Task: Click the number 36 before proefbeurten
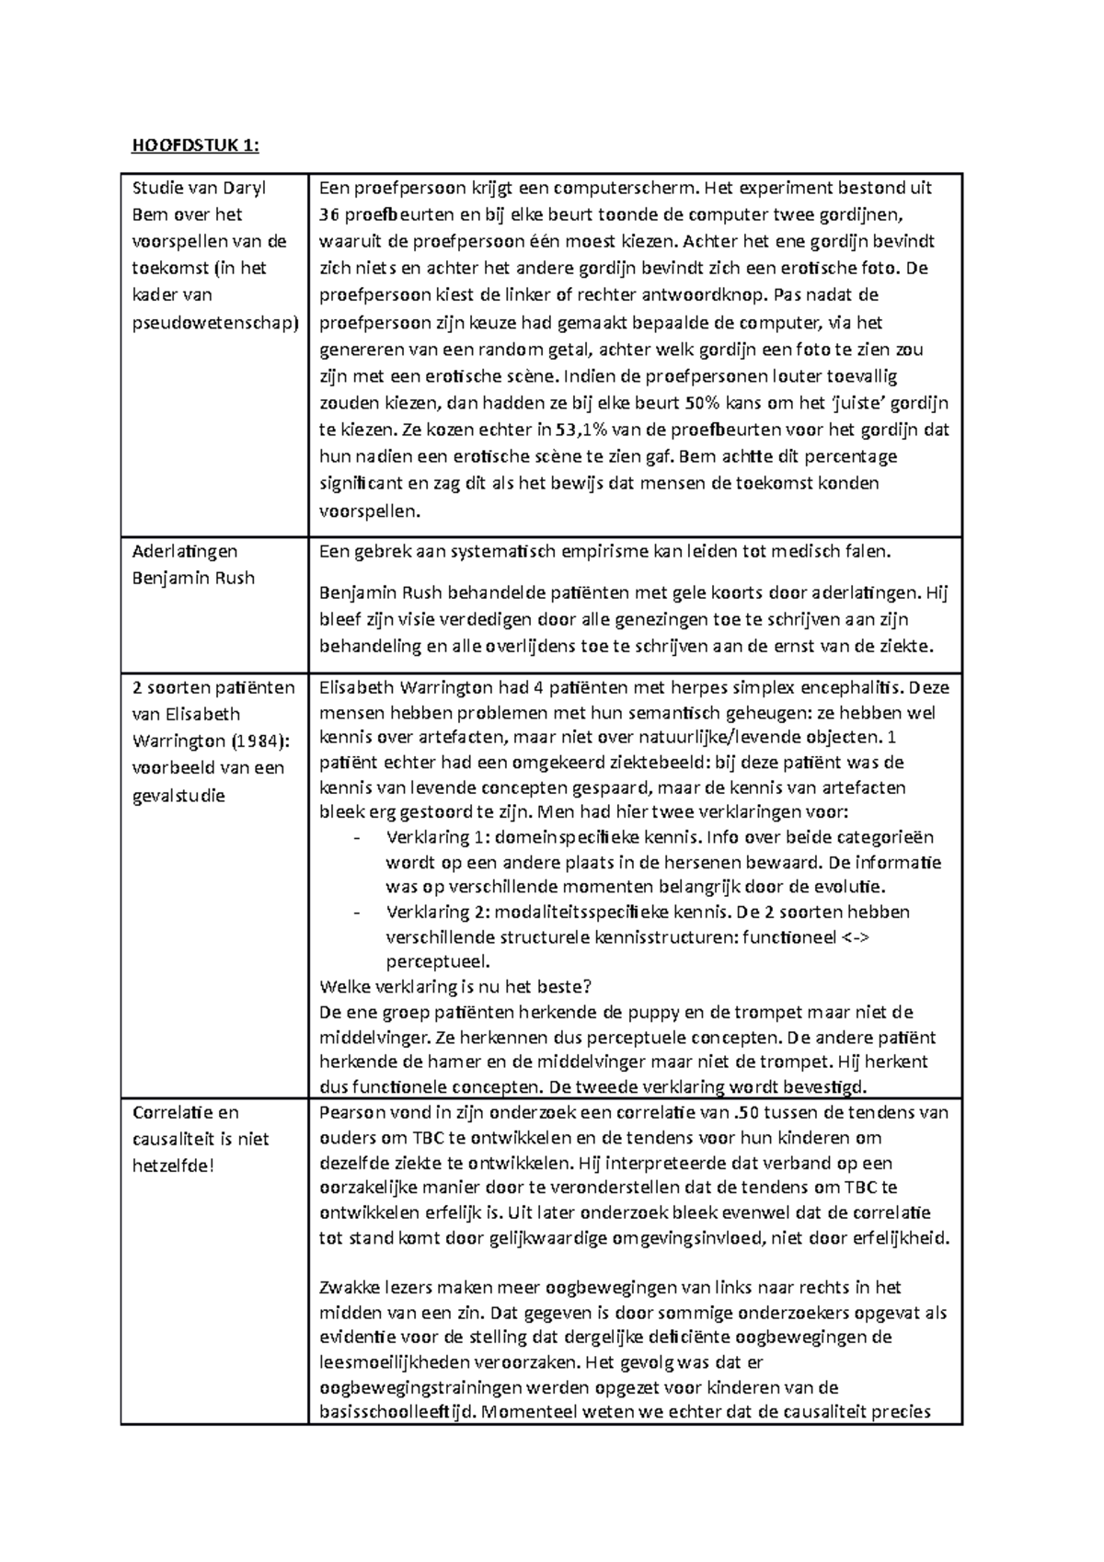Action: tap(328, 215)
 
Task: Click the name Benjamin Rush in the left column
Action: tap(193, 578)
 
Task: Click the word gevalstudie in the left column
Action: tap(178, 795)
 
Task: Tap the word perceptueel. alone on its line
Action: tap(438, 961)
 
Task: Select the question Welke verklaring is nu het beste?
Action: tap(455, 986)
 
